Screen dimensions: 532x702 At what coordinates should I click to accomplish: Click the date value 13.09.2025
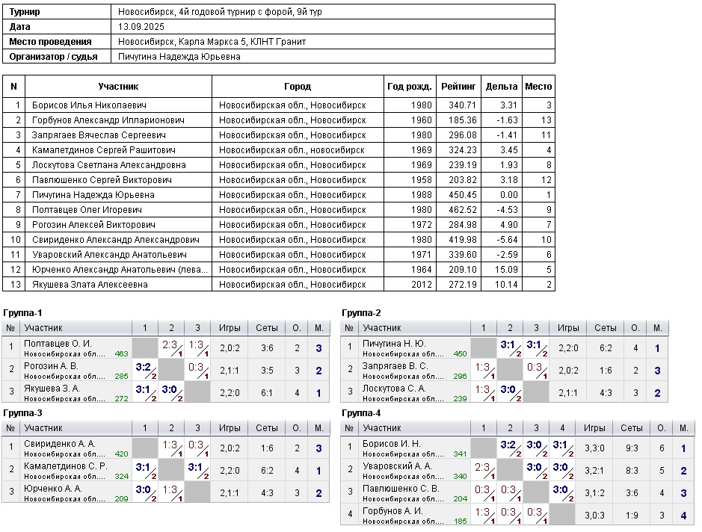pos(141,27)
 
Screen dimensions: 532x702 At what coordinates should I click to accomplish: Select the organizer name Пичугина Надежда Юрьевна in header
pos(179,56)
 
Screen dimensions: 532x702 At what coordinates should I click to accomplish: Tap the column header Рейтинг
pos(458,87)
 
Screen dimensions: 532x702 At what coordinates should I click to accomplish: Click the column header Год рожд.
pos(410,87)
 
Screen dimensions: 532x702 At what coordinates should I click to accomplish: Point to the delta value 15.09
pos(505,269)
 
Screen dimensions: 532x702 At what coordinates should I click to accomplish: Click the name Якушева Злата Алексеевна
pos(90,284)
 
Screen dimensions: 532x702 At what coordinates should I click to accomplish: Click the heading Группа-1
pos(22,312)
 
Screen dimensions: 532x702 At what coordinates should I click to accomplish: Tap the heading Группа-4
pos(361,412)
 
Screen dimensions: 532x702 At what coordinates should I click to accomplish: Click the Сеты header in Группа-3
pos(267,428)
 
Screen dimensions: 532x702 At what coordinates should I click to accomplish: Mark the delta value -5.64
pos(505,239)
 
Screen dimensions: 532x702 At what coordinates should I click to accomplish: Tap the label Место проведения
pos(50,42)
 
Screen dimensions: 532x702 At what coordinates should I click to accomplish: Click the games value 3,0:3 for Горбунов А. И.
pos(595,515)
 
